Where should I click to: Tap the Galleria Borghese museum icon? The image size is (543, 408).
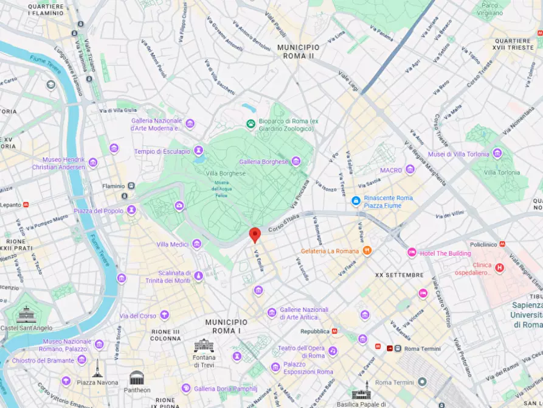click(x=296, y=161)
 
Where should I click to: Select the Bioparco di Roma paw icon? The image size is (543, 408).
click(x=250, y=124)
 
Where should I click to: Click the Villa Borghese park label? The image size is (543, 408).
click(x=226, y=173)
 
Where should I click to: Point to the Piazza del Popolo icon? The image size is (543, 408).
click(x=131, y=210)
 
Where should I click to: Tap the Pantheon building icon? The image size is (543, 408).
click(x=137, y=378)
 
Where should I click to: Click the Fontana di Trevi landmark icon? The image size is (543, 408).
click(x=204, y=346)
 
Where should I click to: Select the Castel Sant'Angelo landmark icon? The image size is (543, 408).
click(x=27, y=315)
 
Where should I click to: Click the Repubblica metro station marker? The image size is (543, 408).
click(x=334, y=332)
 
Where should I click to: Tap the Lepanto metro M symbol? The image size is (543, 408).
click(x=26, y=205)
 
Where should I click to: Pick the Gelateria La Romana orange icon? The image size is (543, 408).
click(x=367, y=251)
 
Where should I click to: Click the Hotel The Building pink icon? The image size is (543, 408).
click(x=412, y=253)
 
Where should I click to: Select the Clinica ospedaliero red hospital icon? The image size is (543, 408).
click(x=500, y=267)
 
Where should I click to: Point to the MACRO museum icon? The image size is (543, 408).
click(x=410, y=169)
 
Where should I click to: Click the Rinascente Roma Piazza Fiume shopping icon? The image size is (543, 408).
click(x=356, y=200)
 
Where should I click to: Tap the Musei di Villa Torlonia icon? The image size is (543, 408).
click(x=497, y=153)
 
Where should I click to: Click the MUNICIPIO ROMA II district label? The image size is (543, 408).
click(x=298, y=51)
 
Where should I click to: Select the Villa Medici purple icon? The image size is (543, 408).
click(x=196, y=244)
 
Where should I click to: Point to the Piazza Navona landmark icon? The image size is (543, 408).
click(x=97, y=369)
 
